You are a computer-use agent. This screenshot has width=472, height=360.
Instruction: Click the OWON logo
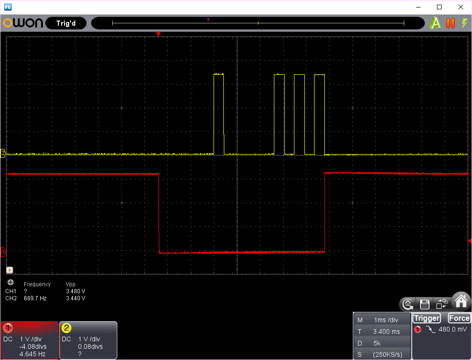click(23, 23)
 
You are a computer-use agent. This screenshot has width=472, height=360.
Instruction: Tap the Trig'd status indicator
click(66, 23)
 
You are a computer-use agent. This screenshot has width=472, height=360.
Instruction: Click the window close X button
click(461, 7)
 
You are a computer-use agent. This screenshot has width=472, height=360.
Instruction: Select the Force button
click(459, 318)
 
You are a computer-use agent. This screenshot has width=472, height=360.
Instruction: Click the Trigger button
click(427, 318)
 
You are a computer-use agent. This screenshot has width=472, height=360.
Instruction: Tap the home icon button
click(461, 301)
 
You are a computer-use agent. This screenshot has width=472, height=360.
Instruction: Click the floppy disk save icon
click(424, 304)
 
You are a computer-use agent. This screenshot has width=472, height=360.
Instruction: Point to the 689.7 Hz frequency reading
click(35, 298)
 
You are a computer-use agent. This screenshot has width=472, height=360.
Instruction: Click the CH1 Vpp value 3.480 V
click(76, 291)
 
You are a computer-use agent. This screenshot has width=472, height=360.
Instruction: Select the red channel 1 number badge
click(8, 328)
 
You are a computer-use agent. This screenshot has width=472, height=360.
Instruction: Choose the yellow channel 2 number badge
click(66, 328)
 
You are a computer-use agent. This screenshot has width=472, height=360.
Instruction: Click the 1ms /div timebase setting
click(386, 320)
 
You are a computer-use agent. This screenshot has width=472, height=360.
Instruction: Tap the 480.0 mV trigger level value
click(453, 329)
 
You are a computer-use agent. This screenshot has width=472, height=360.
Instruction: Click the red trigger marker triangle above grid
click(158, 34)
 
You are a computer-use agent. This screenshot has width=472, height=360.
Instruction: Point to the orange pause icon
click(451, 23)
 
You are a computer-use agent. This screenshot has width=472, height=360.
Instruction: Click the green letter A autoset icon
click(435, 23)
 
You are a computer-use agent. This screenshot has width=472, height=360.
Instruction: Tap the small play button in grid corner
click(10, 270)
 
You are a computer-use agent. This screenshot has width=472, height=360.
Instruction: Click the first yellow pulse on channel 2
click(219, 114)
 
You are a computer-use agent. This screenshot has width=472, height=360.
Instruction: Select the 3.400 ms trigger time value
click(386, 332)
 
